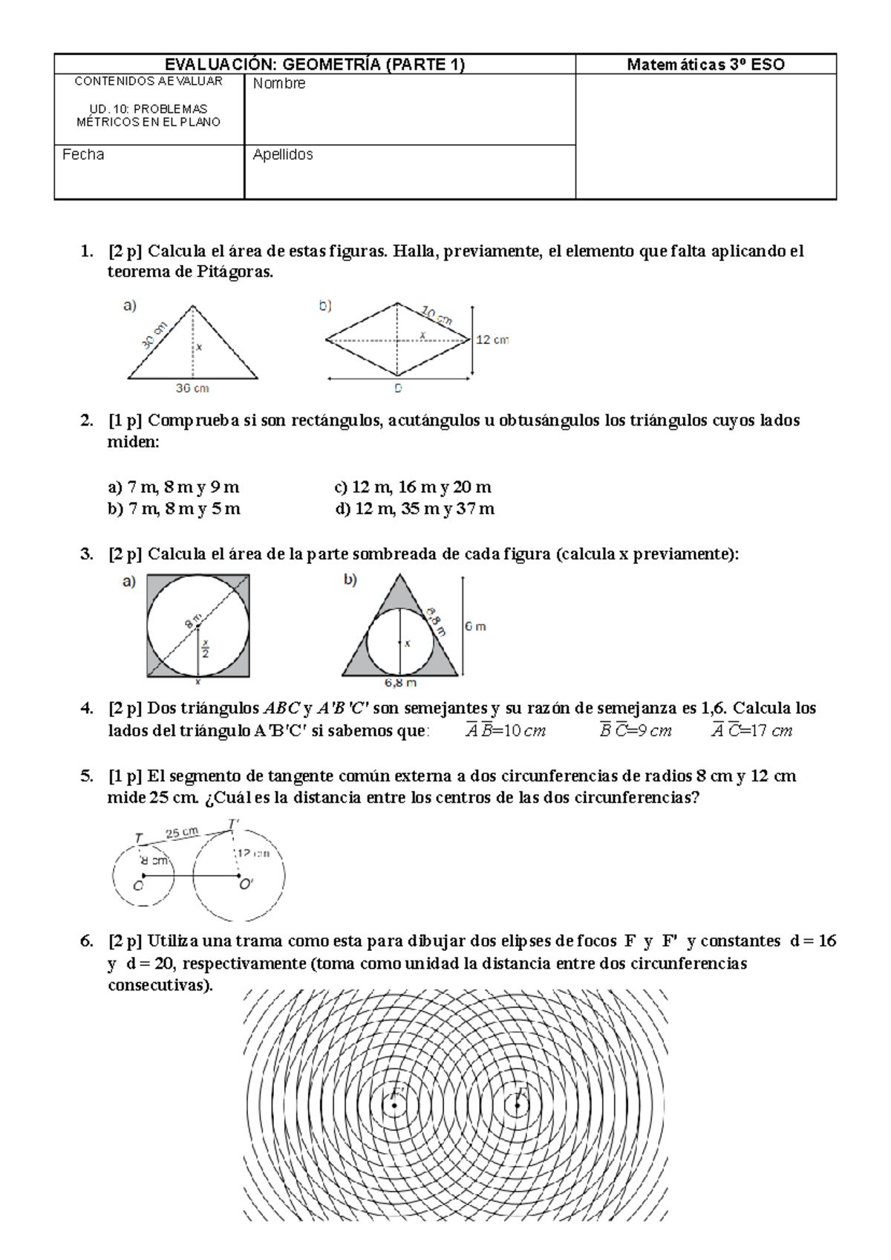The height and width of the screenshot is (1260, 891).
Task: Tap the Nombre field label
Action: pos(278,84)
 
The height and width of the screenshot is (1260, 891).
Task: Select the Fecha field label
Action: pos(83,155)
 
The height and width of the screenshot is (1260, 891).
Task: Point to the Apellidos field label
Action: pos(283,155)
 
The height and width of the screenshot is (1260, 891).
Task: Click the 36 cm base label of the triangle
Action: pos(192,388)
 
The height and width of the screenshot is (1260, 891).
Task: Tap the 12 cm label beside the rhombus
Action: pos(492,340)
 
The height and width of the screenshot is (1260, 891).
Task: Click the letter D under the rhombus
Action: pos(398,389)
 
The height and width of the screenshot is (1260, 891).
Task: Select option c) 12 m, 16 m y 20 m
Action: pos(413,487)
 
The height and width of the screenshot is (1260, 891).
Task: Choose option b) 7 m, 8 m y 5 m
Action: pos(174,509)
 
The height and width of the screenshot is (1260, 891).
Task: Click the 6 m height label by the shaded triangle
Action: pos(475,626)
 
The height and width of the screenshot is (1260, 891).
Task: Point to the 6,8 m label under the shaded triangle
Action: pos(400,682)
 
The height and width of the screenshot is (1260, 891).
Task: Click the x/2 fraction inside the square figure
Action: pos(205,649)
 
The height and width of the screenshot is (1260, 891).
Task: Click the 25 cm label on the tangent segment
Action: pos(182,833)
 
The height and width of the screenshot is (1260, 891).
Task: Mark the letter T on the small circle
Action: pos(139,838)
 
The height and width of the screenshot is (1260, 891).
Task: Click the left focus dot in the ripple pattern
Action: pos(394,1105)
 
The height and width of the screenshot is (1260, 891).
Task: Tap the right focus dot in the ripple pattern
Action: pos(518,1105)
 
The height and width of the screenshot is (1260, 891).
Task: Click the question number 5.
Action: pos(87,776)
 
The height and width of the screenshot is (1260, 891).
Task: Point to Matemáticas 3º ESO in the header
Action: pos(705,64)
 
